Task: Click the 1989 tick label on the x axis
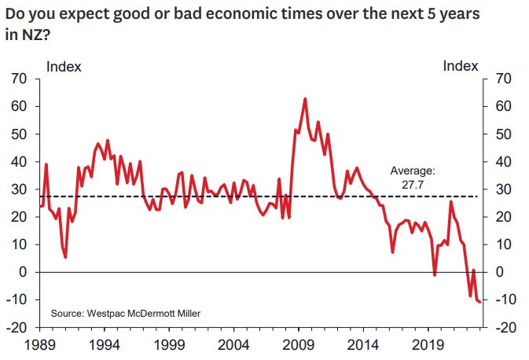40,343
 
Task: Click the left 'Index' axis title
64,66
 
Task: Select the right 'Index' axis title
461,66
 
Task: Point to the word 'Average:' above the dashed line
413,171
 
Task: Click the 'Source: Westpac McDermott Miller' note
126,314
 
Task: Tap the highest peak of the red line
305,99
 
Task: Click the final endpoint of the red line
479,302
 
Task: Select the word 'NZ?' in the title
31,35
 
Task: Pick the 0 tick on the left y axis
24,272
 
